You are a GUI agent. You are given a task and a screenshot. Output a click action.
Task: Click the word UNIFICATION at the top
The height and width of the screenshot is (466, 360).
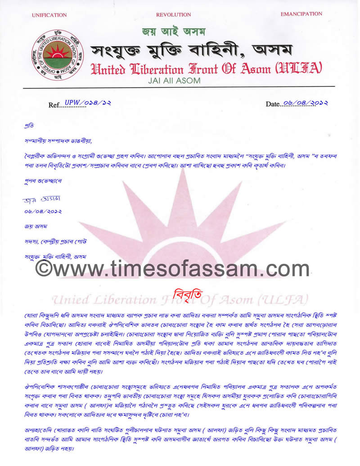tap(49, 15)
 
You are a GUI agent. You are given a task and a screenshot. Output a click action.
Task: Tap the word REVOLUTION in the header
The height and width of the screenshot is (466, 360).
tap(173, 15)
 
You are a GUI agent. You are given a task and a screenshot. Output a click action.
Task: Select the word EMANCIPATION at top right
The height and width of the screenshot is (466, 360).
tap(301, 14)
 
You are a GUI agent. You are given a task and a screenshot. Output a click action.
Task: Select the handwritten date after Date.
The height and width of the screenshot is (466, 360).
tap(305, 103)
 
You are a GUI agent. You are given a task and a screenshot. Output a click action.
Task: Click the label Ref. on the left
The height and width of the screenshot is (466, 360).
tap(55, 105)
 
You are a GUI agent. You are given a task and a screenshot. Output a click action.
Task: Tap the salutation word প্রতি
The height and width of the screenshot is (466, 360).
tap(29, 125)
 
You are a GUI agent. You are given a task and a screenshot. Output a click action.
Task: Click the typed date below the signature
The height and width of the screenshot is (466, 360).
tap(43, 212)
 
